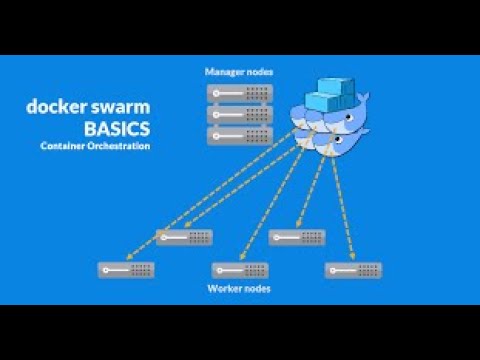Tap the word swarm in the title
pyautogui.click(x=121, y=107)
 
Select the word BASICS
pyautogui.click(x=119, y=129)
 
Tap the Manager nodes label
pyautogui.click(x=238, y=72)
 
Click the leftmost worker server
pyautogui.click(x=126, y=270)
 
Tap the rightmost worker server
pyautogui.click(x=353, y=270)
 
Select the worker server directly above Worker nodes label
pyautogui.click(x=240, y=270)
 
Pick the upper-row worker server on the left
pyautogui.click(x=184, y=237)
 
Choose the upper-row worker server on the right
pyautogui.click(x=296, y=237)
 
